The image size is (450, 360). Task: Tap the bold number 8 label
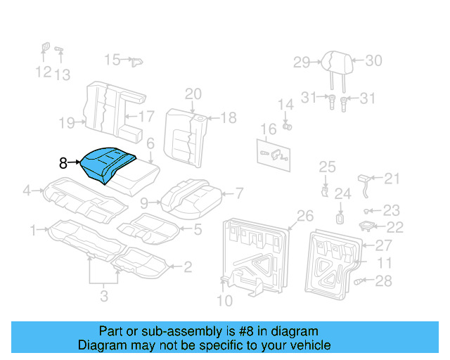63,163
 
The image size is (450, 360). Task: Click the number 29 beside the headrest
302,63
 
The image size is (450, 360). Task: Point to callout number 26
304,215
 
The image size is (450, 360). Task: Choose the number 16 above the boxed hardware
268,129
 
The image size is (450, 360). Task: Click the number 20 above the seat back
193,94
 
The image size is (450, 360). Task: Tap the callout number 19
67,124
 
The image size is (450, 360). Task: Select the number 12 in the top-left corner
43,72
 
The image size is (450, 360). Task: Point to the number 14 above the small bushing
285,105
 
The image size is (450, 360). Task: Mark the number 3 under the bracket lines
104,297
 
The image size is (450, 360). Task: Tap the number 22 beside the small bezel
395,226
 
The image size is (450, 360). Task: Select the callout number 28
383,281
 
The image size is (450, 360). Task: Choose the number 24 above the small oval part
342,193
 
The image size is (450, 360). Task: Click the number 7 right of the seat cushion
239,192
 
